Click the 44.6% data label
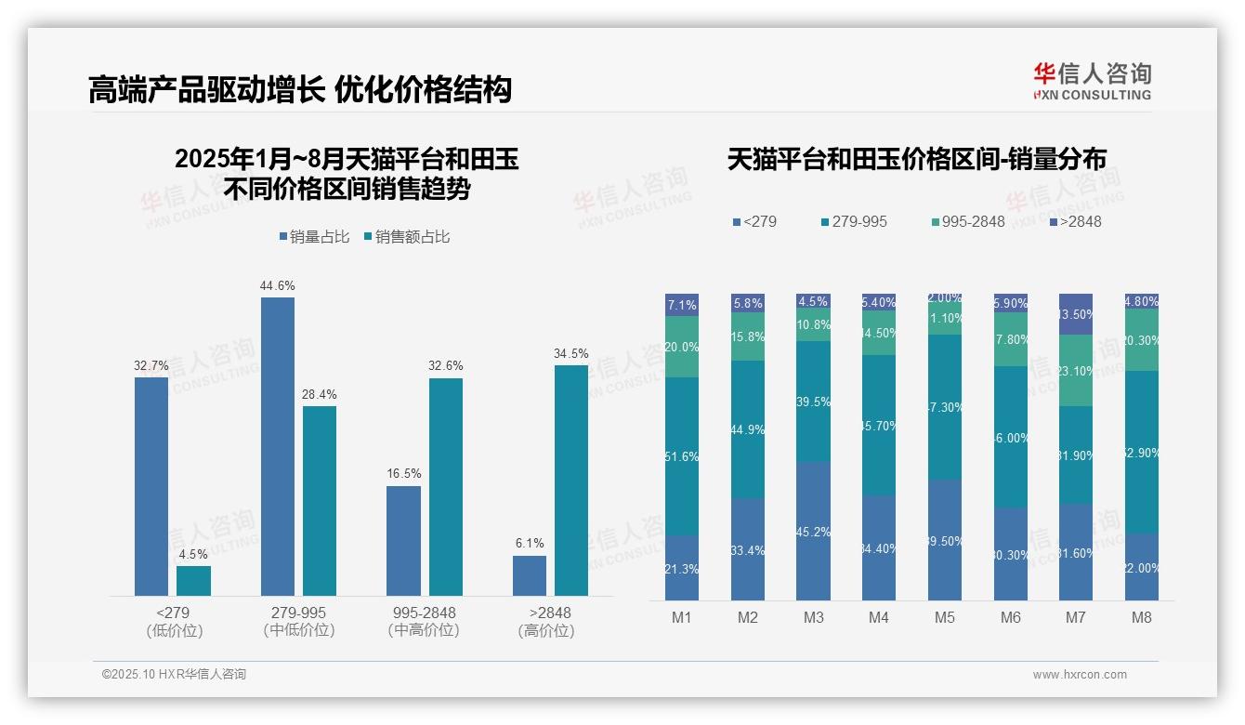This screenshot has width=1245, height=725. click(x=277, y=285)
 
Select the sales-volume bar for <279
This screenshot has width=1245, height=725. click(x=151, y=485)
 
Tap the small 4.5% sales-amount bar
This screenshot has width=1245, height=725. click(x=193, y=580)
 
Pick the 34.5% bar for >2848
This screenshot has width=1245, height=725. click(x=571, y=480)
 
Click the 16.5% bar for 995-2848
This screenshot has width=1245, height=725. click(x=403, y=540)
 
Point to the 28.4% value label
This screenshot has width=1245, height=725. click(x=320, y=394)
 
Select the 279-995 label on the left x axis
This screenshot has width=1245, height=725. click(x=298, y=613)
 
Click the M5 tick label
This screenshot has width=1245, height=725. click(x=944, y=617)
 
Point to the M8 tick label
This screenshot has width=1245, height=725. click(x=1142, y=617)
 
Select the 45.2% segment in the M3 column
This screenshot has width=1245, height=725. click(x=813, y=531)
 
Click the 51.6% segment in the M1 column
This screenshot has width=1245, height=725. click(x=682, y=456)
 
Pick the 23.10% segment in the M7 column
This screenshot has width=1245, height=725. click(x=1076, y=370)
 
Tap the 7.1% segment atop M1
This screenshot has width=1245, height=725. click(x=682, y=305)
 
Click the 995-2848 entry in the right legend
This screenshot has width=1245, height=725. click(x=967, y=222)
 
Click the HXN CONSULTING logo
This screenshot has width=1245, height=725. click(x=1092, y=81)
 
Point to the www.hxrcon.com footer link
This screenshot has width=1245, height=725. click(x=1080, y=675)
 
